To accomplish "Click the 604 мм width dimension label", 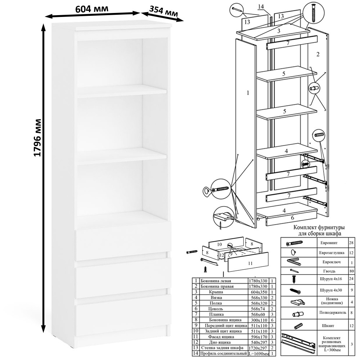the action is [91, 9].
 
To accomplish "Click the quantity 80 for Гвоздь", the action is [351, 271].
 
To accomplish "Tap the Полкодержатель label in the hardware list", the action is [333, 312].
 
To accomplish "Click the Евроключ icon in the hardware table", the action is [294, 262].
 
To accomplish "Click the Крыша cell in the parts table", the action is [216, 292].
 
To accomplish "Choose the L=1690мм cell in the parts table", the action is [259, 354].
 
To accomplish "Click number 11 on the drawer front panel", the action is [250, 263].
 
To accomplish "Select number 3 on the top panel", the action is [279, 31].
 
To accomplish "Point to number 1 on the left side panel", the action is [248, 93].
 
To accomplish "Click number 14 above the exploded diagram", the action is [261, 6].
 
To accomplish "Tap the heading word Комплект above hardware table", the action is [303, 228].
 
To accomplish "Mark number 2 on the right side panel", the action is [318, 54].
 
